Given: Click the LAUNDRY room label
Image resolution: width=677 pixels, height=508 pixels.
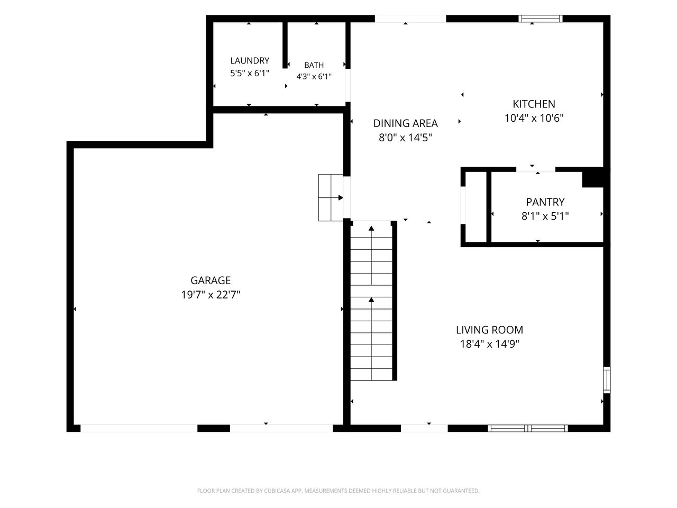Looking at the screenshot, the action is coord(250,60).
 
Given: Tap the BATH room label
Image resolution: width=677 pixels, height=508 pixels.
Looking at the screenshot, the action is coord(314,65).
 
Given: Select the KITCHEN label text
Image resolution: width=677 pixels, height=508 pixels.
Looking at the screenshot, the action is coord(534,104).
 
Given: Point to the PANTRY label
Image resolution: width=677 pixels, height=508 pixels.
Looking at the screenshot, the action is coord(545,202).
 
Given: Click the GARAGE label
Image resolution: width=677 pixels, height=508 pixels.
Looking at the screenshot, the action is coord(211,280).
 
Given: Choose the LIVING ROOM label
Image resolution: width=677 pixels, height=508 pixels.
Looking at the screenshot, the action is coord(489,330).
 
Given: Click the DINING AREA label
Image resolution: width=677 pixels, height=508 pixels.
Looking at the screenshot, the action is coord(405,123).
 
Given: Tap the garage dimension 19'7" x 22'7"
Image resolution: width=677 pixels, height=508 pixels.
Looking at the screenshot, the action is coord(211,295).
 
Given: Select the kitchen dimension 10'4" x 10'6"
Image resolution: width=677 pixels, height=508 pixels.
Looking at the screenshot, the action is coord(534,118).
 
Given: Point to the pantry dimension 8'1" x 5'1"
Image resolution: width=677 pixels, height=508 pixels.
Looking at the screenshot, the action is coord(545,216).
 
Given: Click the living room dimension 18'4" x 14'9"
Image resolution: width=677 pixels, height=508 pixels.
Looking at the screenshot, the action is coord(489,344).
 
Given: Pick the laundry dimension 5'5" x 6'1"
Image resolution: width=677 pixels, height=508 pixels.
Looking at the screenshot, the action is coord(250,74).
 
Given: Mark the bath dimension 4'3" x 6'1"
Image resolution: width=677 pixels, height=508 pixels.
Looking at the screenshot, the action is coord(314,77).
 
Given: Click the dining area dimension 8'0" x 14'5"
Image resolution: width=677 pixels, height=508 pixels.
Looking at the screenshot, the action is coord(405,138).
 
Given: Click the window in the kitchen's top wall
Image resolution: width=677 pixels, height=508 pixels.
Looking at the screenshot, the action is coord(540,19).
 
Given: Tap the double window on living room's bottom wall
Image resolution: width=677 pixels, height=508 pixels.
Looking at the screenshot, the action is coord(528,428).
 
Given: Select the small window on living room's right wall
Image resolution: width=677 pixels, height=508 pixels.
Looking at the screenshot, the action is coord(607,380).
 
